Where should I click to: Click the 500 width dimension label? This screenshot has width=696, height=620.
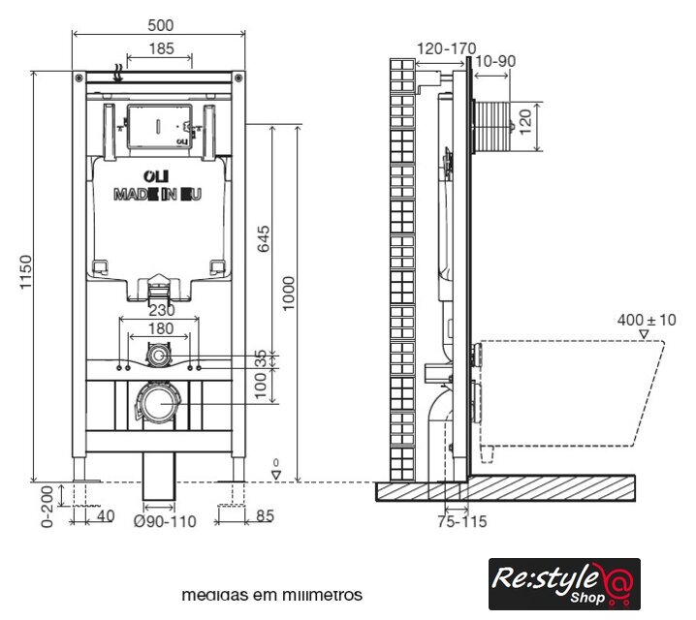point(161,25)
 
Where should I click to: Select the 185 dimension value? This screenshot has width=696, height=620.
point(162,48)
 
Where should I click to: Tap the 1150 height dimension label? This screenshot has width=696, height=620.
point(26,272)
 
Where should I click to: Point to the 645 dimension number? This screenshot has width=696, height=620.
point(264,238)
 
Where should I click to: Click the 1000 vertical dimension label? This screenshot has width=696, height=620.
point(288,294)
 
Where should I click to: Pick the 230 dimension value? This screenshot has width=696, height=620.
point(162,310)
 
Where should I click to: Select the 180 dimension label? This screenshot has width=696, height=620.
point(161,328)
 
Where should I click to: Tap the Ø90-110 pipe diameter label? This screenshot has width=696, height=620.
point(165,521)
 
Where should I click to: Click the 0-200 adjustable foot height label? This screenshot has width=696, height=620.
point(47,507)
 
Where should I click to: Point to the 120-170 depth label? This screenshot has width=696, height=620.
point(447,48)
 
